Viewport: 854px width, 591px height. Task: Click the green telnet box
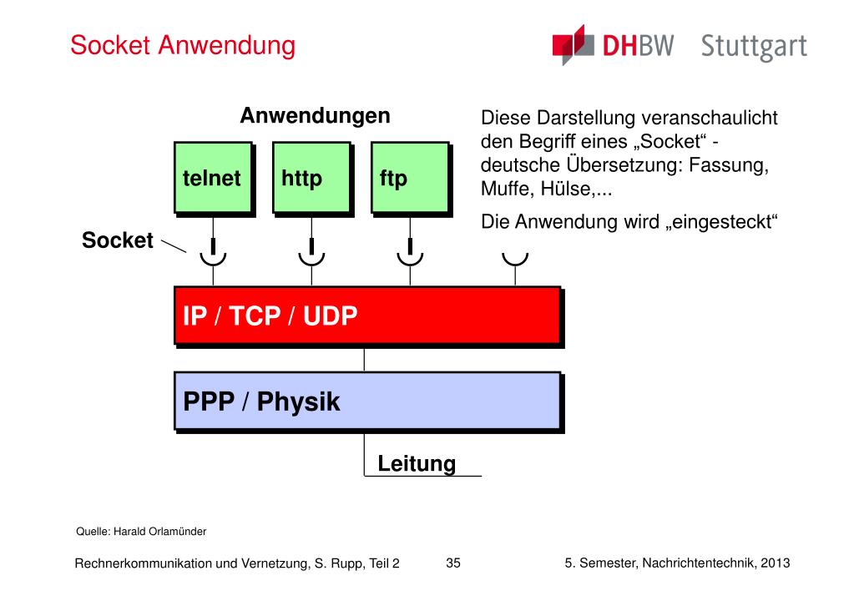click(x=212, y=178)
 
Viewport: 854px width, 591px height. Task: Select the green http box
click(x=311, y=178)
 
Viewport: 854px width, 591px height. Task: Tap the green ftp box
click(x=409, y=178)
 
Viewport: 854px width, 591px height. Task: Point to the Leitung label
click(x=417, y=463)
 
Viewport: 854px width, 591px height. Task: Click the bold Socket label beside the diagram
click(x=118, y=241)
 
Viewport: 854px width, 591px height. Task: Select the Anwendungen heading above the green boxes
click(x=315, y=115)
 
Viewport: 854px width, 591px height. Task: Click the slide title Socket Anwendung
click(x=183, y=45)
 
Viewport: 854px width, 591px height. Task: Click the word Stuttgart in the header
click(x=754, y=46)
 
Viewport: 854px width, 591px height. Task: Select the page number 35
click(x=453, y=563)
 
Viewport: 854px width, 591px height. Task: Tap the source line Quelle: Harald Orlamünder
click(x=129, y=531)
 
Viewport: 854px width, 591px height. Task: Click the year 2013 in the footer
click(x=775, y=563)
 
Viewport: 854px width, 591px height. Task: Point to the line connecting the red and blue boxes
click(x=365, y=357)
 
